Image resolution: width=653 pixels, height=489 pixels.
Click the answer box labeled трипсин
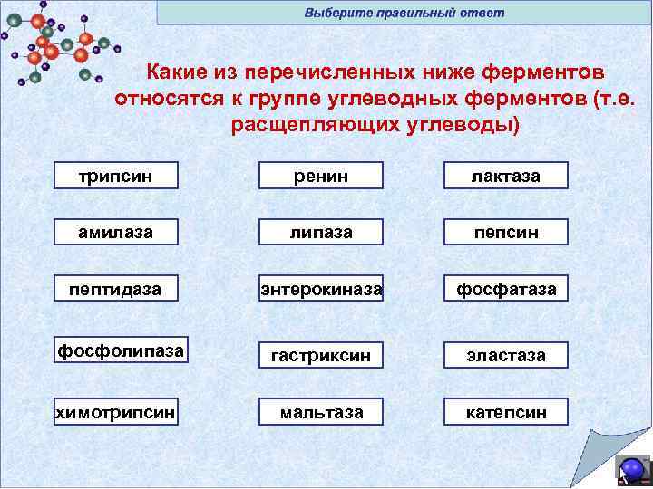point(115,176)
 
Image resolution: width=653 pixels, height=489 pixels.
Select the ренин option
point(321,176)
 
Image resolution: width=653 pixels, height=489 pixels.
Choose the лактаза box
point(506,176)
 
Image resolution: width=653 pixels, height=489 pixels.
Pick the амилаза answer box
point(115,232)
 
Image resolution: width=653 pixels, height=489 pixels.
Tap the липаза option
point(321,232)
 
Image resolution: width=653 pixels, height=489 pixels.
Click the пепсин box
point(506,232)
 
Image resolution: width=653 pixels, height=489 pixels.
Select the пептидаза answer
point(115,289)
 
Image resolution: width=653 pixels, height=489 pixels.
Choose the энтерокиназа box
point(321,289)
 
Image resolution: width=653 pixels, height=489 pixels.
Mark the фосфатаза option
point(506,289)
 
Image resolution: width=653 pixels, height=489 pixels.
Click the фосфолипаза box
point(121,350)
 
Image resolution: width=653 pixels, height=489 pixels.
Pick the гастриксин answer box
point(321,355)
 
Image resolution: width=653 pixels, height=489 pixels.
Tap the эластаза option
point(506,355)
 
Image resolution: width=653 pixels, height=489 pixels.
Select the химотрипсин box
point(115,412)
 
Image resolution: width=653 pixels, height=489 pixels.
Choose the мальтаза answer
point(321,412)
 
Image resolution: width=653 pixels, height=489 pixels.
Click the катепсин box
point(506,412)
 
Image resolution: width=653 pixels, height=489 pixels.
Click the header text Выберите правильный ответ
point(404,13)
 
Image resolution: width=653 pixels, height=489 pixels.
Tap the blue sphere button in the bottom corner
point(632,468)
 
